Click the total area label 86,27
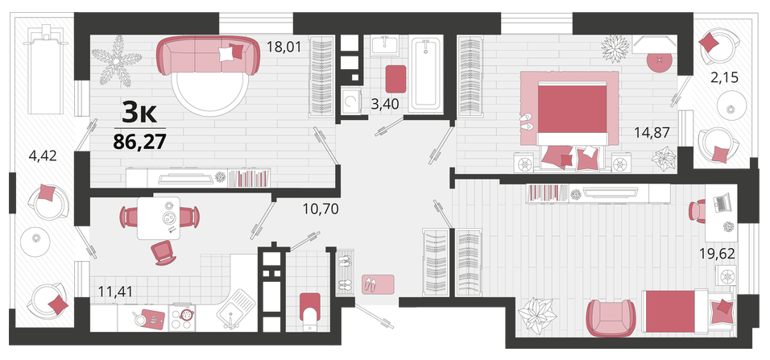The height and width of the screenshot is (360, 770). pyautogui.click(x=139, y=142)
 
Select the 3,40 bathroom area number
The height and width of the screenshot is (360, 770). pyautogui.click(x=384, y=104)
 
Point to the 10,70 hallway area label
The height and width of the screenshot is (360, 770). pyautogui.click(x=321, y=209)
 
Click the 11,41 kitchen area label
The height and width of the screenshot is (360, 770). pyautogui.click(x=116, y=292)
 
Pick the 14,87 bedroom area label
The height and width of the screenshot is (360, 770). pyautogui.click(x=652, y=132)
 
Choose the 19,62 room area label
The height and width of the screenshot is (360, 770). pyautogui.click(x=717, y=253)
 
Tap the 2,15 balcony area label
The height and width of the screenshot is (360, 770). pyautogui.click(x=725, y=77)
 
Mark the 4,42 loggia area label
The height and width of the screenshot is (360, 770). pyautogui.click(x=43, y=156)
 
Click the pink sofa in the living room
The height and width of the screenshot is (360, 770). pyautogui.click(x=209, y=55)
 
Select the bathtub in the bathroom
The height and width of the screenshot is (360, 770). pyautogui.click(x=426, y=73)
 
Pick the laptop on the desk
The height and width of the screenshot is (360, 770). pyautogui.click(x=722, y=203)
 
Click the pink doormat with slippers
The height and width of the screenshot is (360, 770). pyautogui.click(x=378, y=284)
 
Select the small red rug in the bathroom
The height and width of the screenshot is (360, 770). pyautogui.click(x=395, y=79)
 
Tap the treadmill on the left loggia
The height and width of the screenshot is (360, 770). pyautogui.click(x=48, y=70)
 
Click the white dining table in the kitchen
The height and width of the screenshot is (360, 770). pyautogui.click(x=159, y=218)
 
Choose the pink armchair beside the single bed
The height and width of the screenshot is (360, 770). pyautogui.click(x=611, y=317)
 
